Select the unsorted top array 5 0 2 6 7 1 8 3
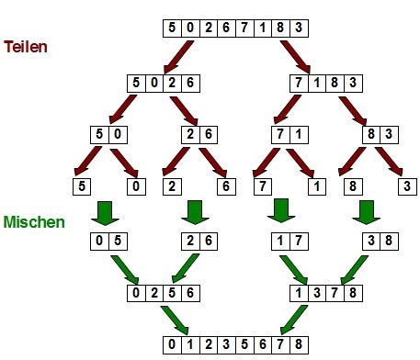pos(235,28)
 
